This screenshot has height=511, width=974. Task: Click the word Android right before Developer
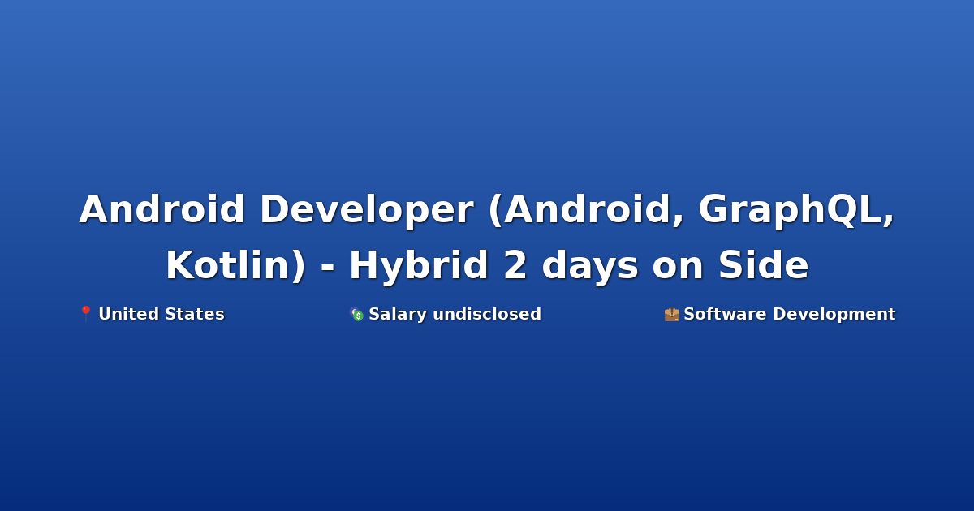point(162,209)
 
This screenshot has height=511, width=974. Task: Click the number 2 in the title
point(515,265)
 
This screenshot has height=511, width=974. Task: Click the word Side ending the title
point(764,265)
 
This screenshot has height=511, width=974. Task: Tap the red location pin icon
point(86,313)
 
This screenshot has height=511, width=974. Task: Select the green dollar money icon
point(356,314)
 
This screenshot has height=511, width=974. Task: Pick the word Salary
point(398,315)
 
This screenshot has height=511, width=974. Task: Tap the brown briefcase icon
point(672,314)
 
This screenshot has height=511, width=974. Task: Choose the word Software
point(725,314)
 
